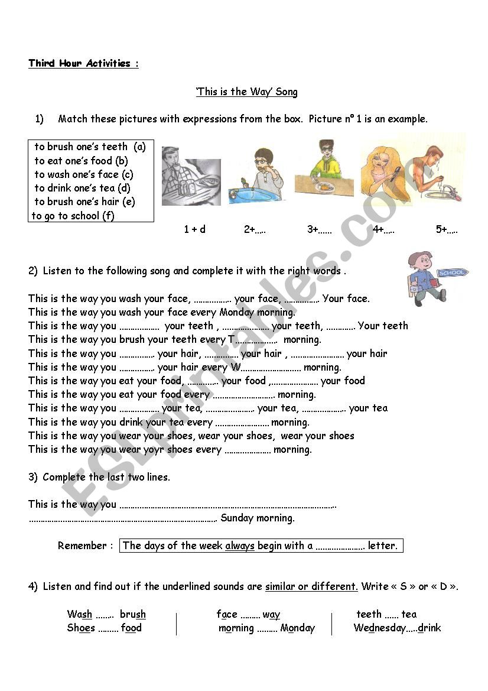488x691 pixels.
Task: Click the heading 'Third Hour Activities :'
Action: [83, 63]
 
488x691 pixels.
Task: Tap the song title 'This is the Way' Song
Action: [247, 92]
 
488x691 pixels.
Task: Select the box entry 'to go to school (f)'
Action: [73, 216]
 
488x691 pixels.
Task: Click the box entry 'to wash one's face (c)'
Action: [83, 174]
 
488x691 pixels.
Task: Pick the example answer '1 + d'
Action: [194, 229]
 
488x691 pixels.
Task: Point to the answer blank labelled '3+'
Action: [320, 229]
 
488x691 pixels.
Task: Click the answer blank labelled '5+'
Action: [447, 229]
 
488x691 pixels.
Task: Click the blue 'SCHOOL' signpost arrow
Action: [452, 272]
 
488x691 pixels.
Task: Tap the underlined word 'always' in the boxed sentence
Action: [239, 546]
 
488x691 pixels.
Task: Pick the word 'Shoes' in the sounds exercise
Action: [81, 628]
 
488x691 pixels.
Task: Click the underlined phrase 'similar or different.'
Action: [311, 586]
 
